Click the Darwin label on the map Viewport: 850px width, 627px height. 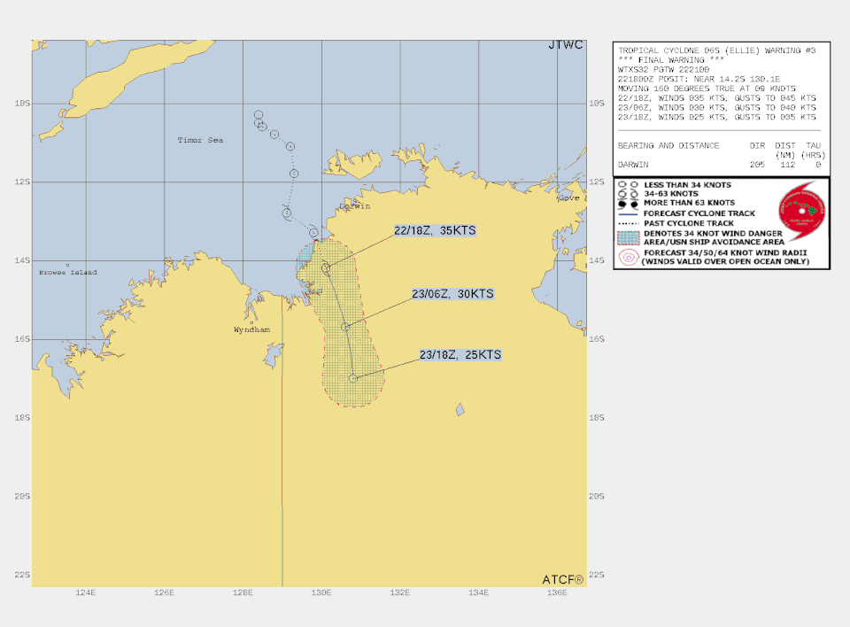pyautogui.click(x=353, y=206)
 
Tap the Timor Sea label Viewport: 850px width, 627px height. pyautogui.click(x=200, y=140)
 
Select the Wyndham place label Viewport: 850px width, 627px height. pyautogui.click(x=251, y=329)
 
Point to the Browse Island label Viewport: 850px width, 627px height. pyautogui.click(x=68, y=273)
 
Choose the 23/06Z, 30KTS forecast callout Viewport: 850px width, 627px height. pyautogui.click(x=452, y=294)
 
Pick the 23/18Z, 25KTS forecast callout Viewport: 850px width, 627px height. pyautogui.click(x=460, y=355)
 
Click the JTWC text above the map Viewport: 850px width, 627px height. pyautogui.click(x=567, y=45)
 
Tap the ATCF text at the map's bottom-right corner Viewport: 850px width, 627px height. pyautogui.click(x=563, y=579)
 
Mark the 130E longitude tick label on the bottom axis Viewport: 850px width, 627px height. pyautogui.click(x=321, y=593)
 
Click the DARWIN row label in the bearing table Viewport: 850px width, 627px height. pyautogui.click(x=637, y=165)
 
